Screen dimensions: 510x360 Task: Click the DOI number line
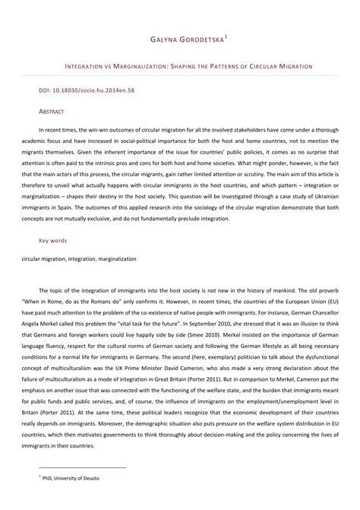77,90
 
